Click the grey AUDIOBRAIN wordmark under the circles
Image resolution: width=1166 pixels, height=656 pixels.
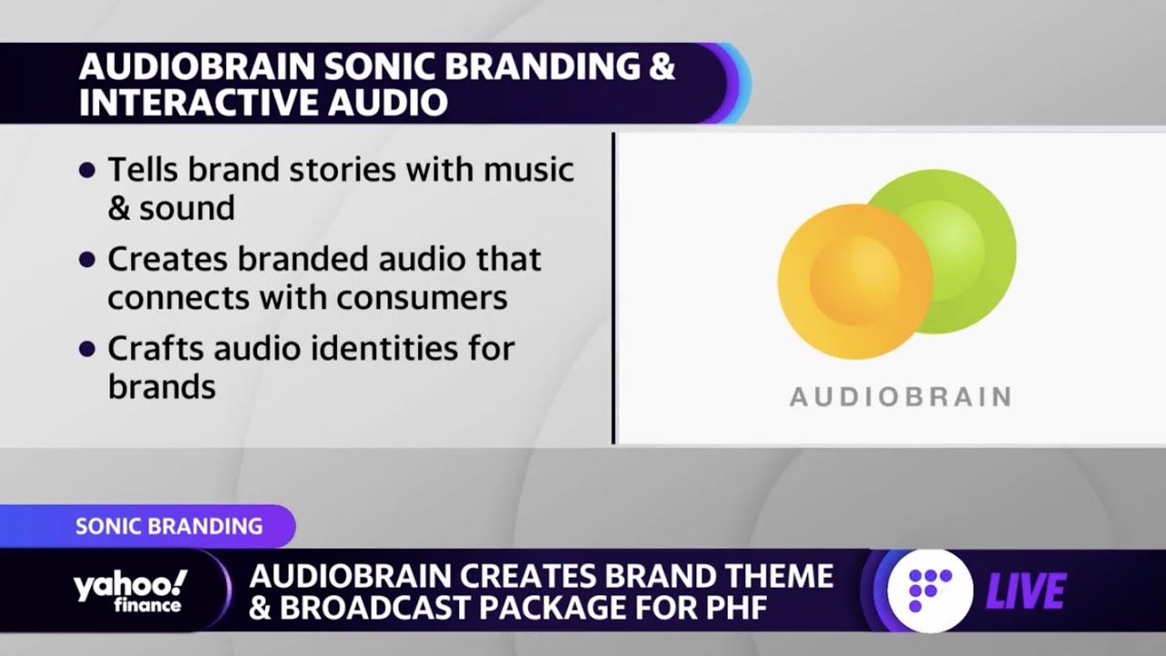point(900,397)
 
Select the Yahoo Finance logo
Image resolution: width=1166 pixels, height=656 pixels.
point(130,591)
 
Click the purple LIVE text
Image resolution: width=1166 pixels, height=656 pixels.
point(1025,593)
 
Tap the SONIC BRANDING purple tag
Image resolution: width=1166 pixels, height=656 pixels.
point(169,526)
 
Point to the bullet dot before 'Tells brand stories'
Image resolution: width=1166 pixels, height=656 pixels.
point(87,169)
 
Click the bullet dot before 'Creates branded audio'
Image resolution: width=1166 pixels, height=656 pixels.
point(87,260)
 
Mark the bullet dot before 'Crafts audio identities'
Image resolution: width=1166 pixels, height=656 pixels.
point(87,349)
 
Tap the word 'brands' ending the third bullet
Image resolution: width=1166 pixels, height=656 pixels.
point(162,387)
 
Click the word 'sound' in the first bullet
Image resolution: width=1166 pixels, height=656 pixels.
point(187,208)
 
